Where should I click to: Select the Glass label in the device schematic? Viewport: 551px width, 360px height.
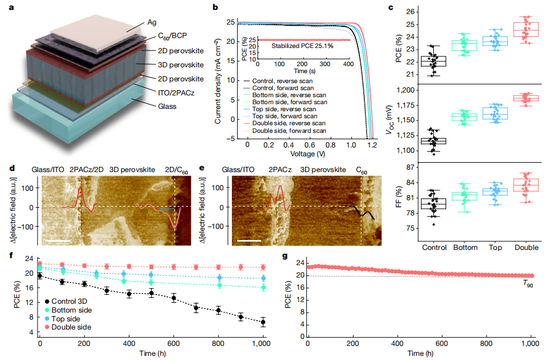(x=166, y=107)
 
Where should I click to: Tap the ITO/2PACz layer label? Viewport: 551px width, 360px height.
(x=180, y=92)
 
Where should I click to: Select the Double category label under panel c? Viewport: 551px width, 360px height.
(x=526, y=246)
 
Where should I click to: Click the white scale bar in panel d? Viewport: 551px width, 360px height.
(x=59, y=239)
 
